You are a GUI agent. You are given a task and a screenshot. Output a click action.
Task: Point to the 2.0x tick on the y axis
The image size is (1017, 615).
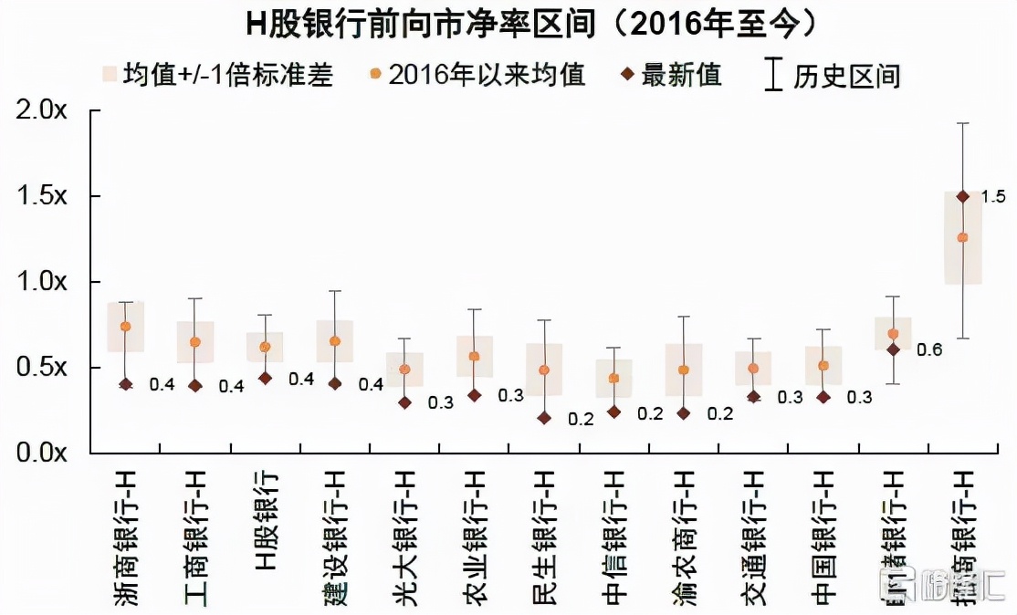coord(42,111)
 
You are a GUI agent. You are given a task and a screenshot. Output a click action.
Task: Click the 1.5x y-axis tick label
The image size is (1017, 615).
coord(42,196)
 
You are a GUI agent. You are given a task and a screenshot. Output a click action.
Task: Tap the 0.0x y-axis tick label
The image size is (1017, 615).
coord(42,453)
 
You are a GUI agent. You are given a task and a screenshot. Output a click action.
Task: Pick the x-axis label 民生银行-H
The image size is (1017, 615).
coord(544,538)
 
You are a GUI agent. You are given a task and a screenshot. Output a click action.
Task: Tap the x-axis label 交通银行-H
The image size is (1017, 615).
coord(754,538)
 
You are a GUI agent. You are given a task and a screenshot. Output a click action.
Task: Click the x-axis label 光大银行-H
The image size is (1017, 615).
coord(404,538)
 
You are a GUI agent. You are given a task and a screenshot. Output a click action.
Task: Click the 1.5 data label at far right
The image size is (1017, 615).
coord(992,196)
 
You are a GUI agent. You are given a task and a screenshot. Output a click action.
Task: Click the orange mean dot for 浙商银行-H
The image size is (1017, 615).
coord(126,327)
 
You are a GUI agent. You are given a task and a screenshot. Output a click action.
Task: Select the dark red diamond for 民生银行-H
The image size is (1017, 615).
coord(544,418)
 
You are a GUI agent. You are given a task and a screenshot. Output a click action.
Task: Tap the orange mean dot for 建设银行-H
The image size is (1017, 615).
coord(335,341)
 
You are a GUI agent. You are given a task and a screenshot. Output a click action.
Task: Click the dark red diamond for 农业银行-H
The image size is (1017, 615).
coord(474,395)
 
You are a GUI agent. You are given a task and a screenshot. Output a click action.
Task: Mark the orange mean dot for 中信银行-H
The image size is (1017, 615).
coord(613,379)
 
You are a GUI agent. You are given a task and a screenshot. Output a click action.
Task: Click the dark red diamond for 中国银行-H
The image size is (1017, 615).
coord(823,397)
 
